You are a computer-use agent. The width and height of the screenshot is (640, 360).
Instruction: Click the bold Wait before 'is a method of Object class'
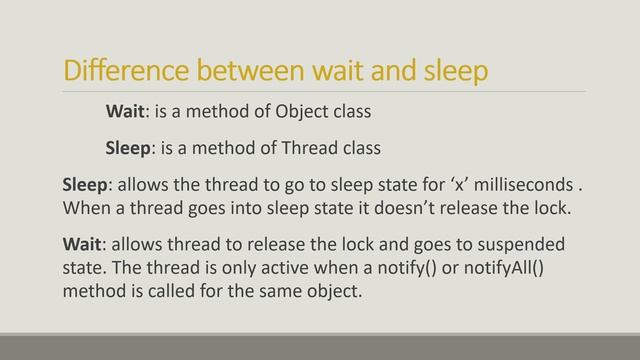127,110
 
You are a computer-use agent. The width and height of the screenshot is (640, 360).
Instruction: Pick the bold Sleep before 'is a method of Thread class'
129,149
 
